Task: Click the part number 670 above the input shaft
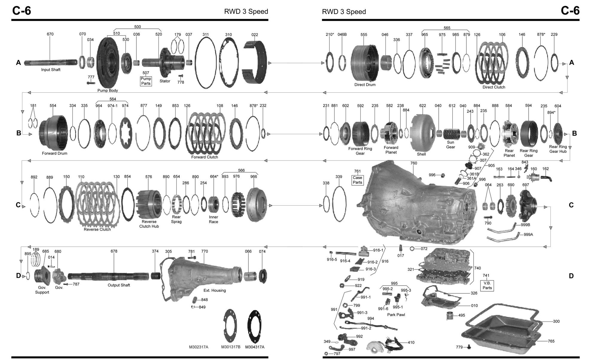(50, 34)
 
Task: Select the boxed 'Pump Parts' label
(146, 81)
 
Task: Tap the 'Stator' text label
(165, 81)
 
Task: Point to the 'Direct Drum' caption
(365, 85)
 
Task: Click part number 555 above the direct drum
(364, 35)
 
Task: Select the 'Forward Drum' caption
(54, 153)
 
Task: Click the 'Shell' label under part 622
(421, 154)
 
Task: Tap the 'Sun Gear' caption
(451, 145)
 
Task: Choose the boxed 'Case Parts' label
(358, 180)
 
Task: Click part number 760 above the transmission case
(414, 163)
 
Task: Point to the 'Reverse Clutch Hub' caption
(149, 224)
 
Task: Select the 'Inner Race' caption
(213, 219)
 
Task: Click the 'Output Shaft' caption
(119, 285)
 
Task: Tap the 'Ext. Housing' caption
(214, 290)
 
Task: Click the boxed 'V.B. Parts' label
(487, 286)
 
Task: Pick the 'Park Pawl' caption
(396, 315)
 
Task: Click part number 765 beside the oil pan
(551, 341)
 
